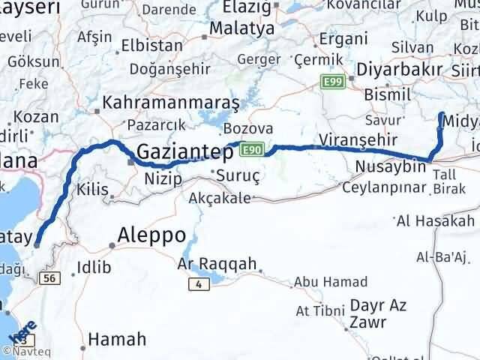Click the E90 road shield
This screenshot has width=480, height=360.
pyautogui.click(x=250, y=151)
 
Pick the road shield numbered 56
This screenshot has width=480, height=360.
pyautogui.click(x=50, y=277)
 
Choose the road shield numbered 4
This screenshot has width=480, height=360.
pyautogui.click(x=198, y=283)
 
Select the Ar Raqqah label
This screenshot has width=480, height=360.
pyautogui.click(x=217, y=264)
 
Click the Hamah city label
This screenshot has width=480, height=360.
pyautogui.click(x=117, y=340)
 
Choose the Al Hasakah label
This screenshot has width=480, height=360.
pyautogui.click(x=436, y=220)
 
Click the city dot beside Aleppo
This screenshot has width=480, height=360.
pyautogui.click(x=112, y=244)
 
